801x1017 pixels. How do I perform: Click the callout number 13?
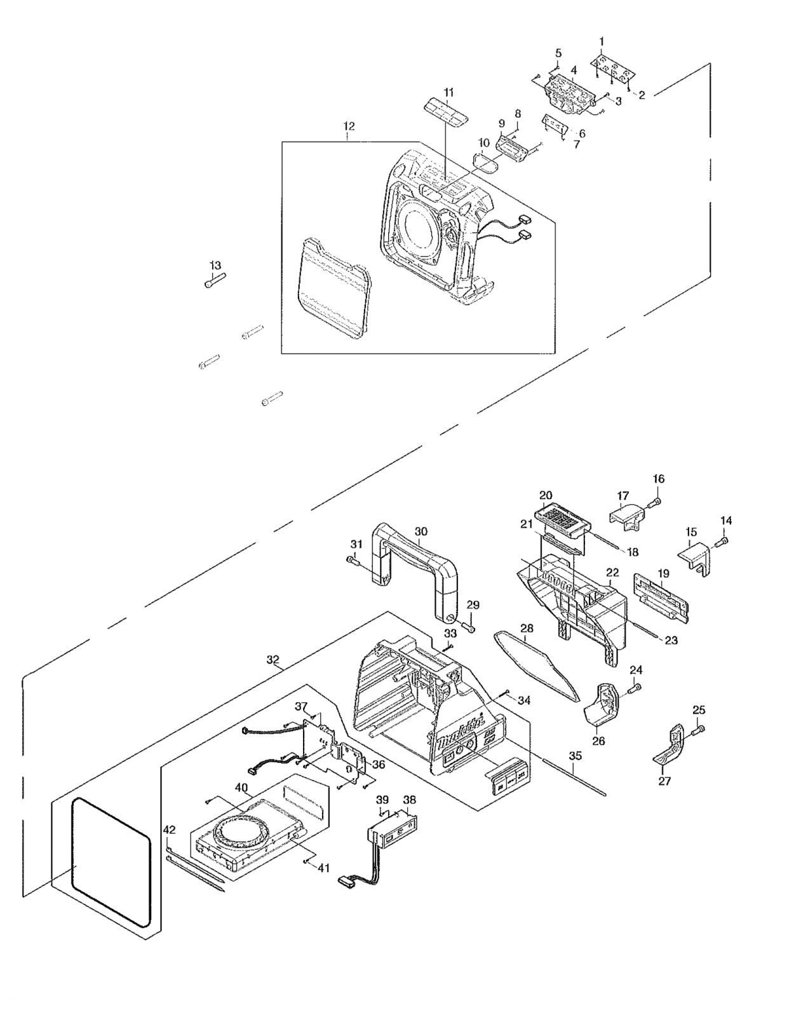click(x=215, y=265)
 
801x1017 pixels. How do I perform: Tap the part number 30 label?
click(x=421, y=531)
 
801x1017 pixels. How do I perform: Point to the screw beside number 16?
click(x=653, y=504)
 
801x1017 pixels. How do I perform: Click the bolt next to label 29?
click(x=469, y=627)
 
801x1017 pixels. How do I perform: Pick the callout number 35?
click(x=575, y=756)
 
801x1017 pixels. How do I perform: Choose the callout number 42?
click(x=169, y=829)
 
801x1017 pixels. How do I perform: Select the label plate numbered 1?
click(x=613, y=70)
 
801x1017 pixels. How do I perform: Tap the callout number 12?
click(x=349, y=126)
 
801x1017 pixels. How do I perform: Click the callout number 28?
click(x=527, y=628)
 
